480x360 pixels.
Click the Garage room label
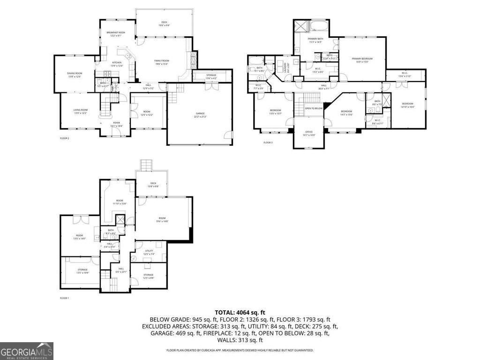tap(200, 113)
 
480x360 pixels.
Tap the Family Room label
tap(162, 61)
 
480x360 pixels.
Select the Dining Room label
tap(75, 73)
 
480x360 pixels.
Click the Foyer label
tap(116, 123)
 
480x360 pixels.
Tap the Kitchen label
tap(117, 63)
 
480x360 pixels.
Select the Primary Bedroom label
tap(362, 59)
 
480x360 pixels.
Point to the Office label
tap(308, 132)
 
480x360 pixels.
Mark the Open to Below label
tap(314, 108)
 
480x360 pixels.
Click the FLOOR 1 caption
tap(64, 298)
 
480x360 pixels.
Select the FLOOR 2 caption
tap(64, 138)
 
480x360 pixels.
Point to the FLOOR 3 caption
tap(268, 142)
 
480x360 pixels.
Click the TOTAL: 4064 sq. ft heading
tap(240, 312)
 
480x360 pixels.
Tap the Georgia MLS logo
tap(27, 351)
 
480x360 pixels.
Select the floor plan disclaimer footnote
tap(240, 350)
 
